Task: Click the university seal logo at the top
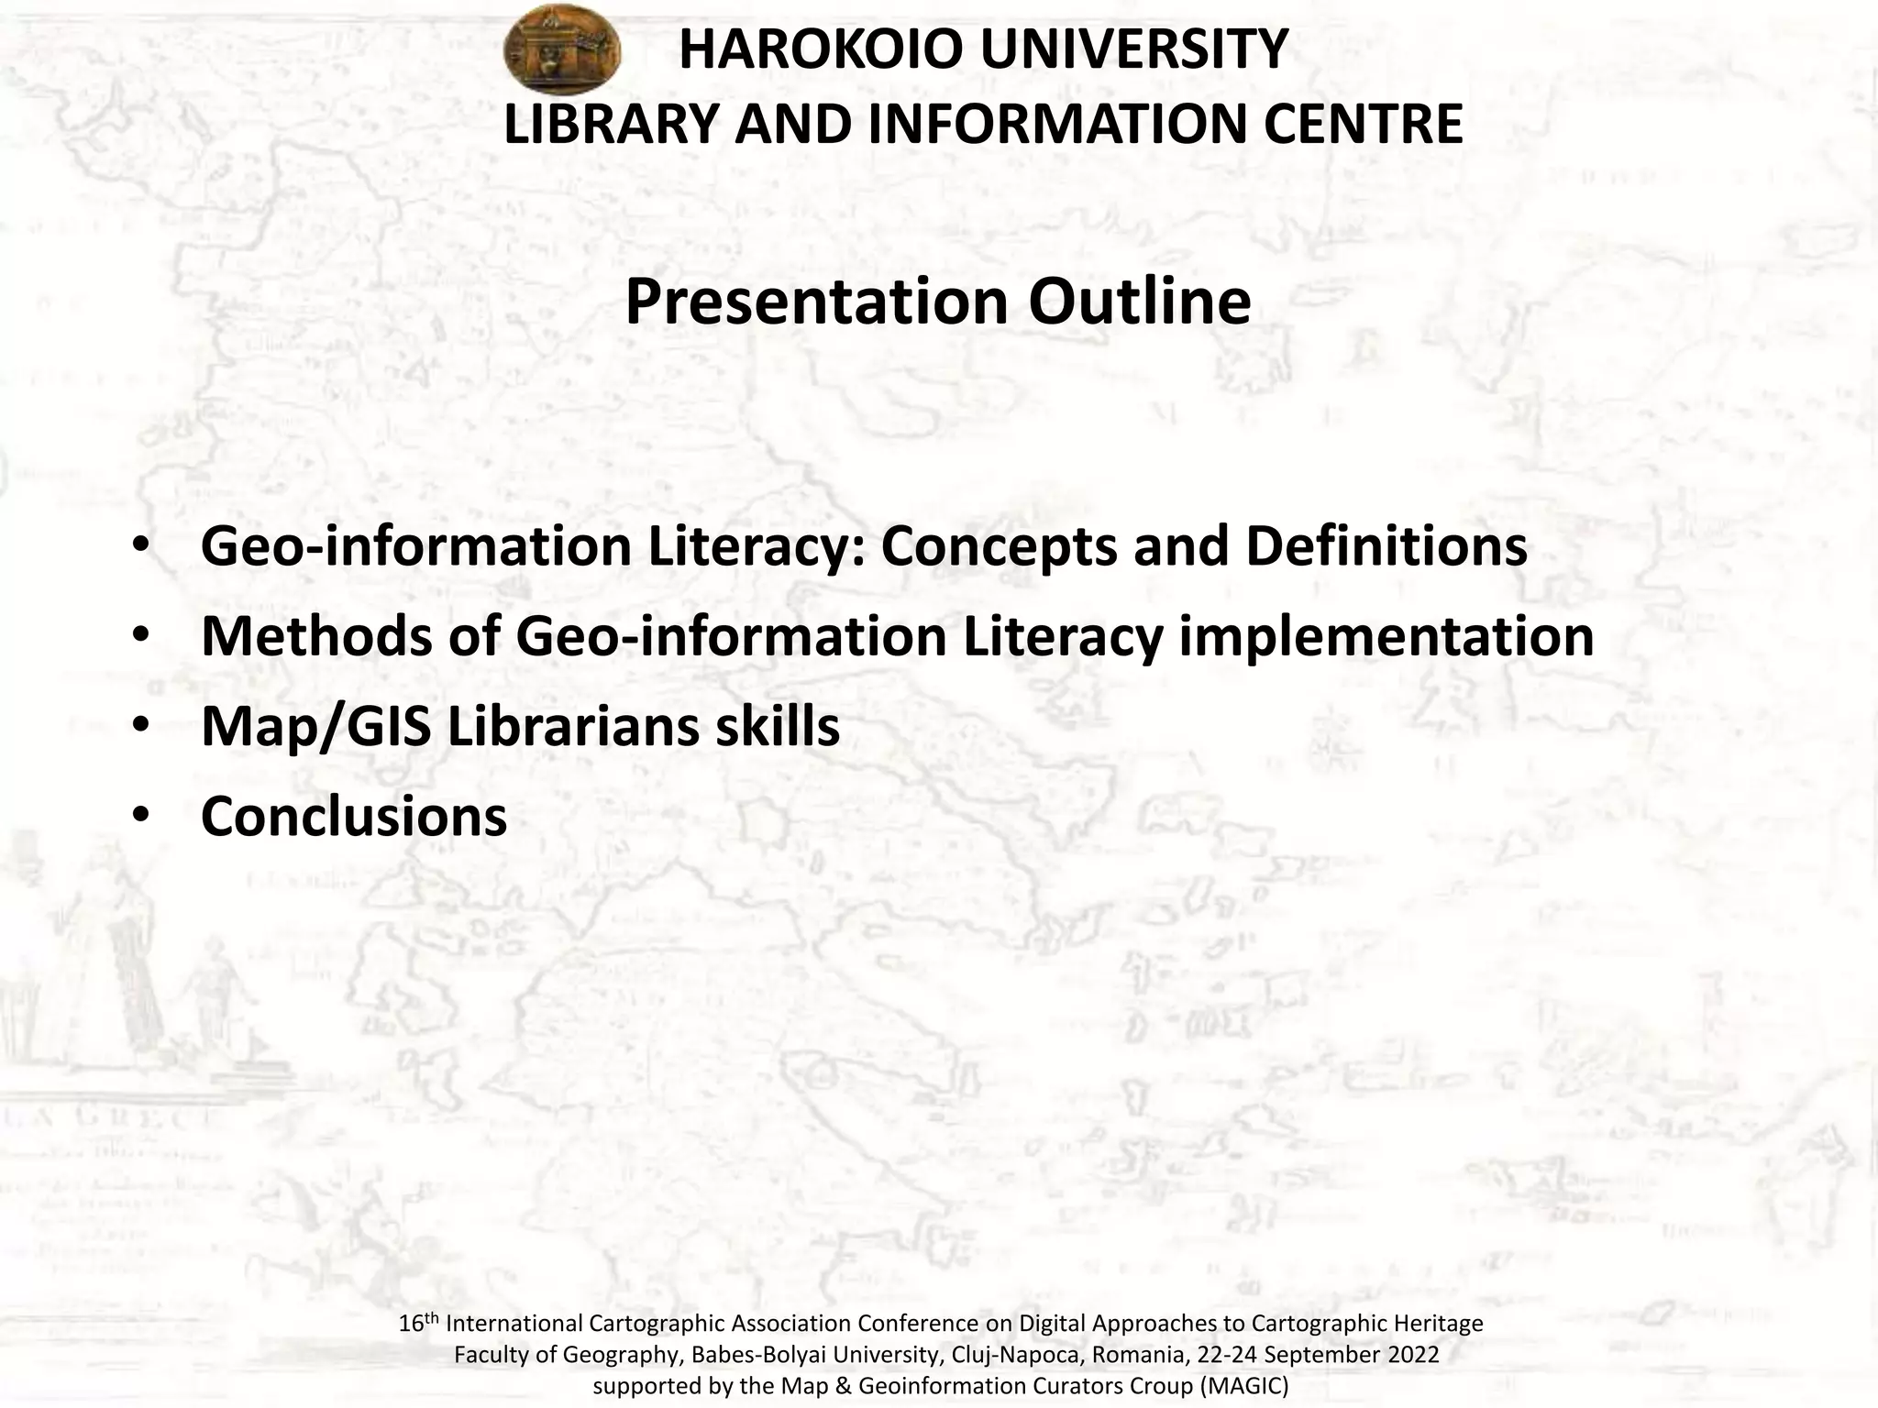point(562,49)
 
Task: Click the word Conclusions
point(354,816)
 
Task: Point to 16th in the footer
point(419,1324)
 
